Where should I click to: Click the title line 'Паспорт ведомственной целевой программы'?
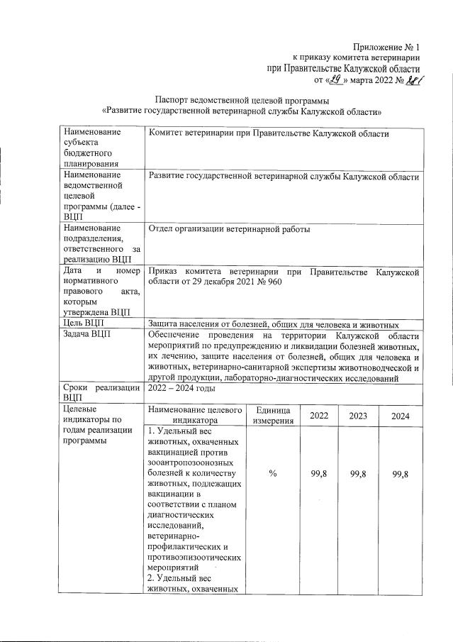pos(242,100)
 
